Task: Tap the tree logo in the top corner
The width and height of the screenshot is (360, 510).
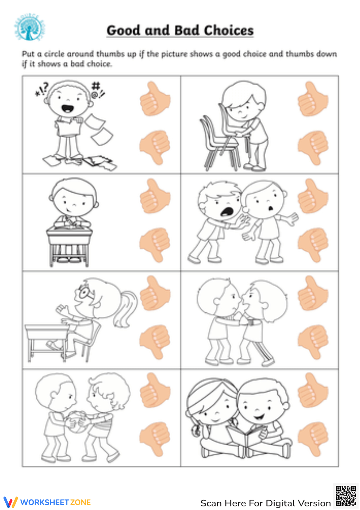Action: point(30,28)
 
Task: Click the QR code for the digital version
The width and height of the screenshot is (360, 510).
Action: point(346,496)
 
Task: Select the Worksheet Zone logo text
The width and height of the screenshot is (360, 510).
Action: point(55,502)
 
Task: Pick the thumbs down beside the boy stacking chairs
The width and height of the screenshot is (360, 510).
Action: point(312,147)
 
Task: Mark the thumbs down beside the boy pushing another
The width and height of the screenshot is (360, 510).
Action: point(312,244)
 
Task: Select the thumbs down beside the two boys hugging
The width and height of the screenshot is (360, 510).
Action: point(312,341)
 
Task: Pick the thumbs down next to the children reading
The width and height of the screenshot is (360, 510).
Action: point(312,439)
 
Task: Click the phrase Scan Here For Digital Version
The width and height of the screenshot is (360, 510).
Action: point(265,503)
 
